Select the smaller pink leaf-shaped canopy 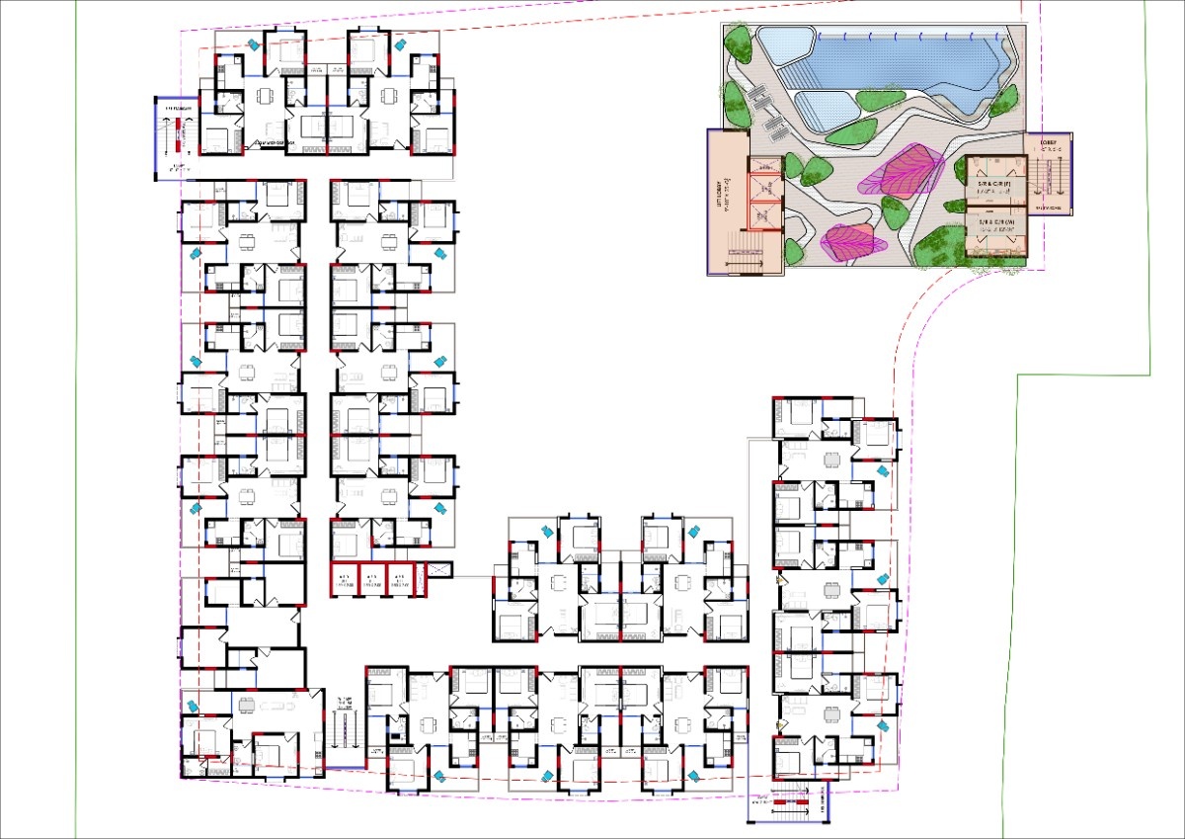point(849,240)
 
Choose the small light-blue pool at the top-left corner point(785,42)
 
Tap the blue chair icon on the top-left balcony point(255,43)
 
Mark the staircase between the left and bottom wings point(344,731)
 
